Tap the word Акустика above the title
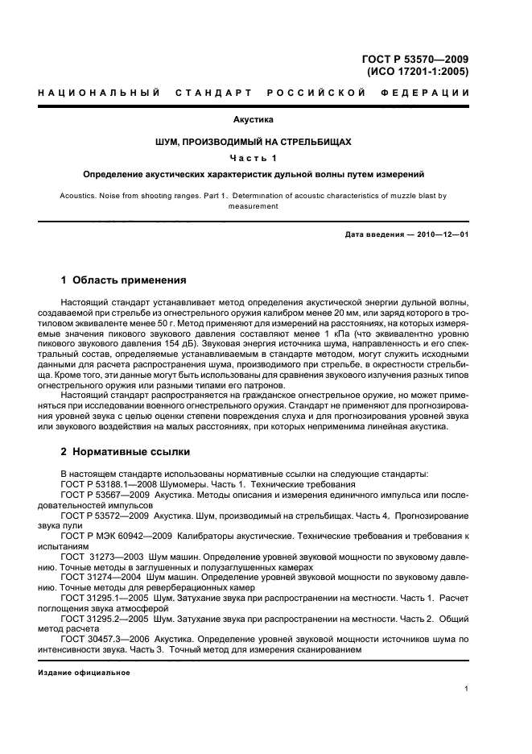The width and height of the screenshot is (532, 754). coord(254,120)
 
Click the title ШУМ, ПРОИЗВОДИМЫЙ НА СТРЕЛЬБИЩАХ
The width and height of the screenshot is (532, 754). coord(254,141)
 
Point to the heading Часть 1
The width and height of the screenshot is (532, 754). coord(254,157)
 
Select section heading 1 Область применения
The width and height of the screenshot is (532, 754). coord(124,280)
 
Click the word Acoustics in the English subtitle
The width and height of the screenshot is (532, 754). coord(79,196)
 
